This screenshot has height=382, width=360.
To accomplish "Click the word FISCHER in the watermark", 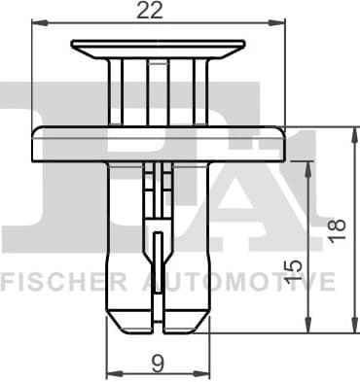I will [x=63, y=283].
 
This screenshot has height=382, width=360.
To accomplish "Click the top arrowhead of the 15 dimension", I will [x=309, y=166].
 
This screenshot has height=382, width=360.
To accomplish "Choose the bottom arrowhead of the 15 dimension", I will [x=309, y=325].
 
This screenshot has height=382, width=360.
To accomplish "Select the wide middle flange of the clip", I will [x=157, y=143].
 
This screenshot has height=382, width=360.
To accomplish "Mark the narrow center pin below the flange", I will [x=157, y=194].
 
